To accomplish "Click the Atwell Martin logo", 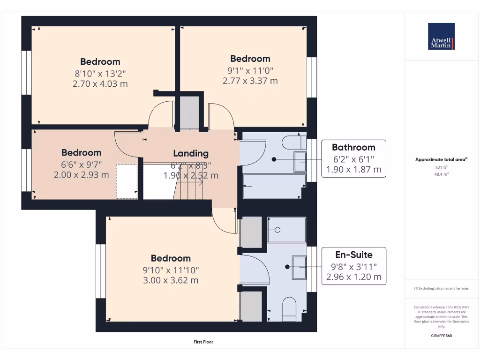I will tap(441, 37).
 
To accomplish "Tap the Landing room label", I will tap(191, 153).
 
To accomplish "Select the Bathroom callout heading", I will tap(353, 147).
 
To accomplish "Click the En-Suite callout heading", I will tap(354, 255).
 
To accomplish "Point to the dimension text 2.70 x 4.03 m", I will tap(100, 84).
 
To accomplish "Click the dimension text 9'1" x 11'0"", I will tap(250, 70).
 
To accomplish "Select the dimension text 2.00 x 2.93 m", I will tap(81, 175).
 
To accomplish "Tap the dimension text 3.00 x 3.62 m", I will tap(171, 280).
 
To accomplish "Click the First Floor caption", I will tap(203, 342).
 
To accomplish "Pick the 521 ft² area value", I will tap(441, 167).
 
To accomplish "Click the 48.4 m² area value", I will tap(441, 174).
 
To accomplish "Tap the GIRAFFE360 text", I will tap(441, 336).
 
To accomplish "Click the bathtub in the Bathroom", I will tap(271, 186).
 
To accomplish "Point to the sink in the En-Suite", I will tap(299, 267).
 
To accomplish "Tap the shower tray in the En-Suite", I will tap(286, 230).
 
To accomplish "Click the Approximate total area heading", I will tap(441, 159).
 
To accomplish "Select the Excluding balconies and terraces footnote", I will tap(441, 288).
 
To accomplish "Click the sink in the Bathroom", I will tap(299, 162).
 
